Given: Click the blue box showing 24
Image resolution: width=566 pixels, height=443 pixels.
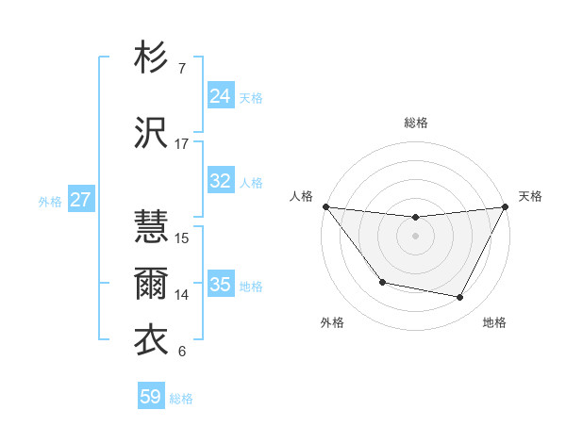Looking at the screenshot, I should click(x=220, y=96).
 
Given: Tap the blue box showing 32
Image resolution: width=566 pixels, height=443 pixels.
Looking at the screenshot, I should click(x=220, y=181).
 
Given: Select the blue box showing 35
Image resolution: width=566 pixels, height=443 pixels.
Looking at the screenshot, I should click(x=220, y=285).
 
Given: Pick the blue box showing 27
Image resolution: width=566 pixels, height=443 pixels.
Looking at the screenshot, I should click(x=81, y=200).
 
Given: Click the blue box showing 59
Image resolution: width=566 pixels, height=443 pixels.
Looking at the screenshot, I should click(x=151, y=397).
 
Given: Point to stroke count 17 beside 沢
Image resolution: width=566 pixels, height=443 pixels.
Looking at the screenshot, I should click(x=182, y=144).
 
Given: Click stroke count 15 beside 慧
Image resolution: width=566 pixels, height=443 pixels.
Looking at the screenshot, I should click(x=182, y=238).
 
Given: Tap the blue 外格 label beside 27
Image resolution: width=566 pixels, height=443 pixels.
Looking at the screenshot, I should click(x=50, y=201).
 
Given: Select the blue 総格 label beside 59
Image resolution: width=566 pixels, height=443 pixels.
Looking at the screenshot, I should click(x=181, y=399).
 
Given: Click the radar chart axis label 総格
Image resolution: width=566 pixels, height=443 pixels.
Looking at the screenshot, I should click(x=416, y=123).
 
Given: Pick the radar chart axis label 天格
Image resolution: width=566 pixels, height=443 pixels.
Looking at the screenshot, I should click(x=530, y=196).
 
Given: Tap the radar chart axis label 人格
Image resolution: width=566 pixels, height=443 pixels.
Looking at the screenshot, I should click(x=301, y=196).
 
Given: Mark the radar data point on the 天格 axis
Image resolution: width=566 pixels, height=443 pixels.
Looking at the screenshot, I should click(x=507, y=206).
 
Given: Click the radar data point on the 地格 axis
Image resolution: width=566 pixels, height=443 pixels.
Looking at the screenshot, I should click(x=460, y=298).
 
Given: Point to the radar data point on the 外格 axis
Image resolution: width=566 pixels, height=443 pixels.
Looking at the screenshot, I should click(x=382, y=282).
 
